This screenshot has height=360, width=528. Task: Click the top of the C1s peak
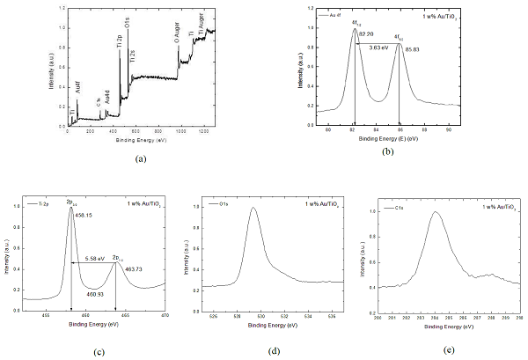434,212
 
